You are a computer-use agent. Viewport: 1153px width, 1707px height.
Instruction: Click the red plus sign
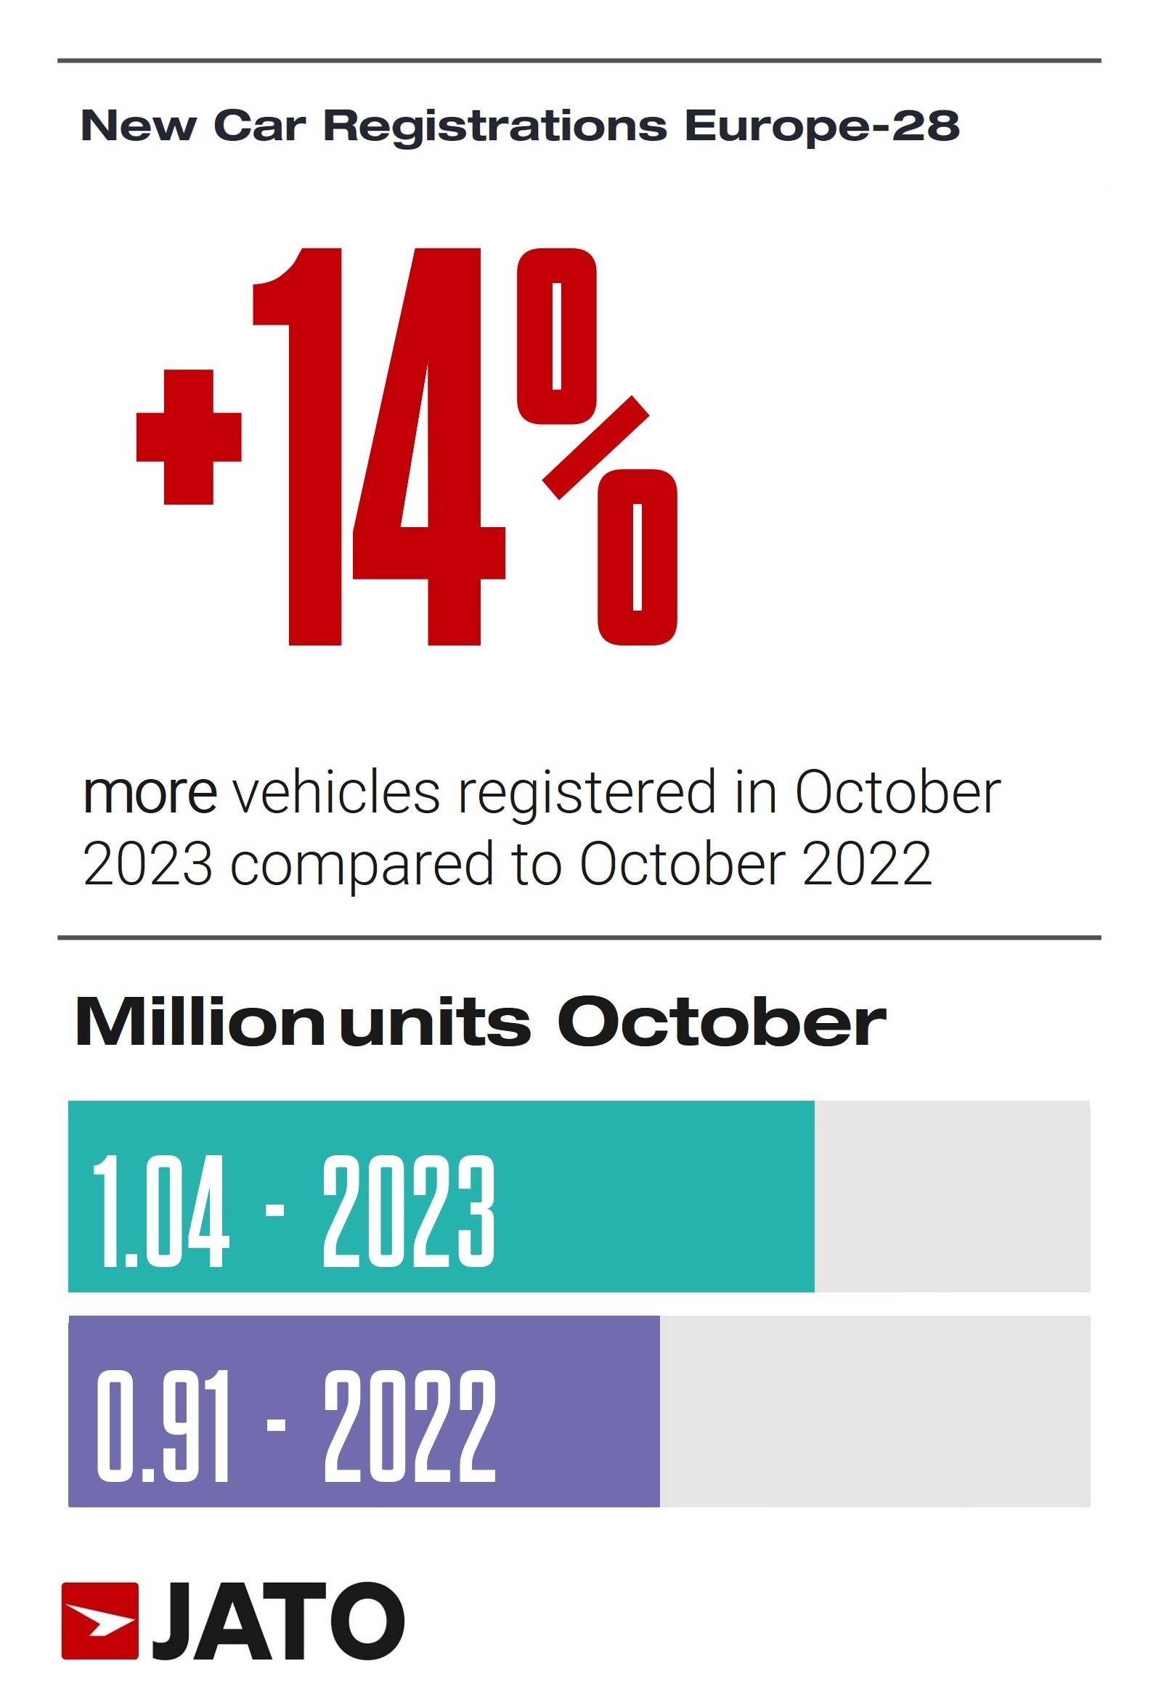coord(189,436)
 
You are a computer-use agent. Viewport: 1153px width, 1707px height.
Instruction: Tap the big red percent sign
coord(596,447)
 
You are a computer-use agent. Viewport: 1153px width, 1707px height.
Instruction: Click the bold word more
coord(150,794)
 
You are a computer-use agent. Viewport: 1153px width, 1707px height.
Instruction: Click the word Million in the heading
coord(200,1022)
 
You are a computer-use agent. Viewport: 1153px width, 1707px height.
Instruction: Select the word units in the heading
coord(435,1022)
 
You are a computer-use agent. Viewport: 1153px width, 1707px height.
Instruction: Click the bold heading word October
coord(721,1022)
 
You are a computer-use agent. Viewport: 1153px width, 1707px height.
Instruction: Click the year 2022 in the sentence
coord(867,864)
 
